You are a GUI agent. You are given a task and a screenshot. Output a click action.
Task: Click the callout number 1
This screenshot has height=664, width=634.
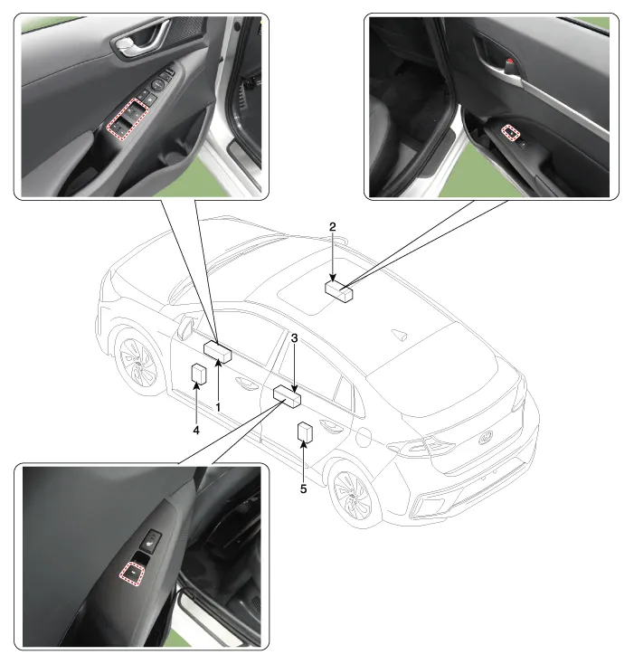pyautogui.click(x=218, y=407)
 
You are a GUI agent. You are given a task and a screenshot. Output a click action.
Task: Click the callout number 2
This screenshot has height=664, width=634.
pyautogui.click(x=333, y=227)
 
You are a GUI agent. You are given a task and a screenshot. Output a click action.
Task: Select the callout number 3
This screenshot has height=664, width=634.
pyautogui.click(x=294, y=338)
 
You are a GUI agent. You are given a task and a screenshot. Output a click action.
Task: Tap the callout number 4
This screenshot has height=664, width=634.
pyautogui.click(x=196, y=431)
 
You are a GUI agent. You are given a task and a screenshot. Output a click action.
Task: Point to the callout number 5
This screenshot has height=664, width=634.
pyautogui.click(x=304, y=489)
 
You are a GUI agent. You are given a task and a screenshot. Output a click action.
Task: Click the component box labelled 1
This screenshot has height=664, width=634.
pyautogui.click(x=218, y=352)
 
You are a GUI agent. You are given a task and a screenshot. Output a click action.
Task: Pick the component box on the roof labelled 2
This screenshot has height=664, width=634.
pyautogui.click(x=339, y=291)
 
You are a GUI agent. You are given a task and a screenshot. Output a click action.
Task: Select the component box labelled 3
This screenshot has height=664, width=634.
pyautogui.click(x=287, y=396)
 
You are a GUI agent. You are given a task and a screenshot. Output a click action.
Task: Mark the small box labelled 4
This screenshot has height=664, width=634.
pyautogui.click(x=199, y=375)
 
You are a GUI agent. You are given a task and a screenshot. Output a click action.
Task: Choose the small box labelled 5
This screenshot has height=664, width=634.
pyautogui.click(x=305, y=432)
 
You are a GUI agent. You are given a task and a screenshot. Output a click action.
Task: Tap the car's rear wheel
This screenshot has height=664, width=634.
pyautogui.click(x=353, y=495)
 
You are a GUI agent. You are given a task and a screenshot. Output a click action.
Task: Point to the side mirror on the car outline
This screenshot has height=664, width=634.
pyautogui.click(x=186, y=326)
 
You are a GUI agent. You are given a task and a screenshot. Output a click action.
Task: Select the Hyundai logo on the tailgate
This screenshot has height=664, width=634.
pyautogui.click(x=487, y=438)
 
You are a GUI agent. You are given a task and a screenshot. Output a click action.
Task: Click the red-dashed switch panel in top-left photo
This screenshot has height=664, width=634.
pyautogui.click(x=128, y=119)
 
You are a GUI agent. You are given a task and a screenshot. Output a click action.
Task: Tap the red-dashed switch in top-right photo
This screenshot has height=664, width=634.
pyautogui.click(x=511, y=132)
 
